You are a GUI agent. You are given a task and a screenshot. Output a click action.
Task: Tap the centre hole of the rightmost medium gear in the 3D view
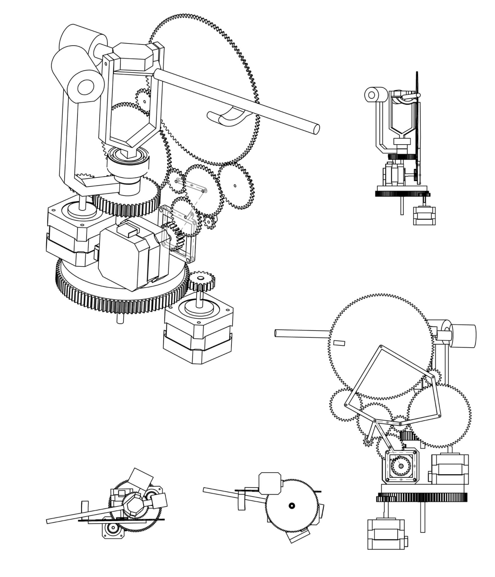point(235,186)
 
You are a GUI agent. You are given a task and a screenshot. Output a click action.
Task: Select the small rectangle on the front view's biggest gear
point(339,343)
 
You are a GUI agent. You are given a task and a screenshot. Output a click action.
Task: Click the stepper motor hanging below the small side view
point(424,216)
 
